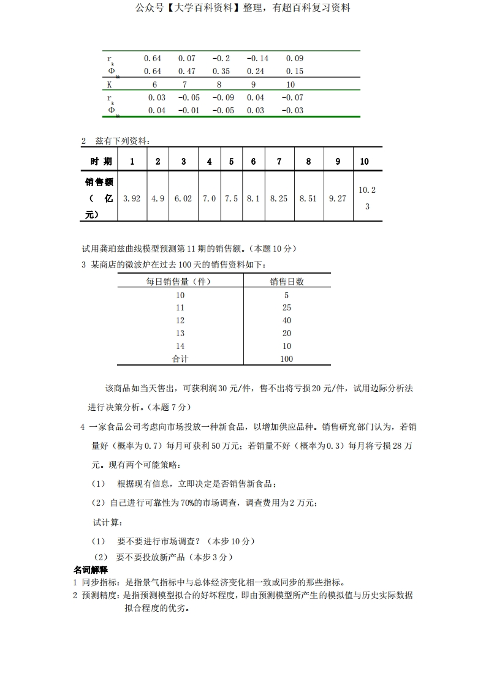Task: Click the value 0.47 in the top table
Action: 187,71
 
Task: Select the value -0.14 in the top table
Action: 257,58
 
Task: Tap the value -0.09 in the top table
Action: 223,97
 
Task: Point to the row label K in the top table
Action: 109,84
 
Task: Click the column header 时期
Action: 101,162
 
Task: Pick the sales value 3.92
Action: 132,198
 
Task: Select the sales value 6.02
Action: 183,198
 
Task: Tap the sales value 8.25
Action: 279,198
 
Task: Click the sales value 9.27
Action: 338,198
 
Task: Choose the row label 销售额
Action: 100,182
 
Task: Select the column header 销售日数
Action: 287,282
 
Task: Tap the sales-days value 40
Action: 287,320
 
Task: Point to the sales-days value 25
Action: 287,307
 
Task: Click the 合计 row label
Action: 180,359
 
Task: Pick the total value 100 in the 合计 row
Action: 287,359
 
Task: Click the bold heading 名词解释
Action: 91,570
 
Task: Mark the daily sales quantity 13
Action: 180,333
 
